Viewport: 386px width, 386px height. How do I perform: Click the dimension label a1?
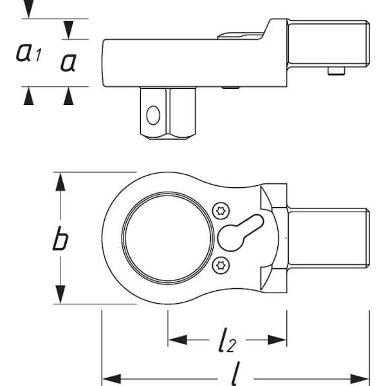[x=28, y=52]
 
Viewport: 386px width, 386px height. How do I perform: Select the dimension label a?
[x=69, y=63]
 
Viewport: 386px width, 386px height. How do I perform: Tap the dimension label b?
[x=60, y=239]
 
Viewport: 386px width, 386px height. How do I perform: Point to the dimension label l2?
[x=227, y=340]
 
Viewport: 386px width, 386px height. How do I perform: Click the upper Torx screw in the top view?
[x=221, y=211]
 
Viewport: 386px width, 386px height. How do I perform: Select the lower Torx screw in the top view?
[x=221, y=265]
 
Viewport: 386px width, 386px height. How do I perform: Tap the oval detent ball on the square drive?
[x=153, y=115]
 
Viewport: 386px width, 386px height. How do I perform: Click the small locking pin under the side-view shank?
[x=336, y=71]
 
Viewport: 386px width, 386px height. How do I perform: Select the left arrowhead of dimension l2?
[x=178, y=340]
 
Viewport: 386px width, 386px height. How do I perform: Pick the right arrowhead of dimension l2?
[x=277, y=340]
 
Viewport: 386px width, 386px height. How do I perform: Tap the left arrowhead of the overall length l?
[x=111, y=379]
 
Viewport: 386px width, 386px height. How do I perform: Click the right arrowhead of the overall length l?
[x=360, y=379]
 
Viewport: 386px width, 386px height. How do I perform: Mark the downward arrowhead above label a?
[x=68, y=30]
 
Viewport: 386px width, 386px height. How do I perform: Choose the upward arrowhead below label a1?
[x=28, y=96]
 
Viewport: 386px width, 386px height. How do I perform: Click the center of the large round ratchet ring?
[x=168, y=238]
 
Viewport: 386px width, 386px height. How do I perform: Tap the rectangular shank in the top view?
[x=328, y=238]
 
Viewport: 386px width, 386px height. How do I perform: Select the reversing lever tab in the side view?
[x=241, y=36]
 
